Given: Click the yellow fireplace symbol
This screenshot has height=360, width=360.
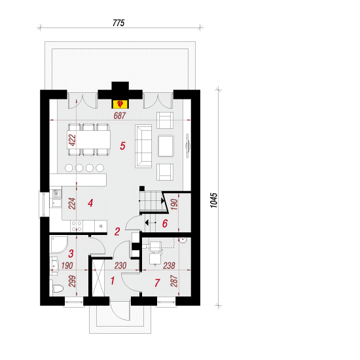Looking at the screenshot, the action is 120,104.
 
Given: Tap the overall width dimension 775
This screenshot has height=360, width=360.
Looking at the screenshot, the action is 118,23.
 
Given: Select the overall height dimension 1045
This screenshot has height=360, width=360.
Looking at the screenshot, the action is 214,200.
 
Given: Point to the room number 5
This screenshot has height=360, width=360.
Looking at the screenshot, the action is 122,146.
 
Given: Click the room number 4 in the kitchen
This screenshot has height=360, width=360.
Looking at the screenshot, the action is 90,203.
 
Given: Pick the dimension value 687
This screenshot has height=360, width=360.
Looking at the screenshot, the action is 120,116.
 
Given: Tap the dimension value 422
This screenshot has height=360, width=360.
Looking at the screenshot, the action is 72,140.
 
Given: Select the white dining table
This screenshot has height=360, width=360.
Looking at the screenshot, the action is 88,139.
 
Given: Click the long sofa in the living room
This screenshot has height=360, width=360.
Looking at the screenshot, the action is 143,146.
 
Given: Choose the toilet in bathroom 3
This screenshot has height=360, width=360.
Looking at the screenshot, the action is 56,289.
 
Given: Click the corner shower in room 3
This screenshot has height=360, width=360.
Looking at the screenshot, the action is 58,245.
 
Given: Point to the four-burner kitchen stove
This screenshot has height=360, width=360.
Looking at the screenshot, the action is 77,226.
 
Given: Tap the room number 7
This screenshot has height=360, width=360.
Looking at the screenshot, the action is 157,283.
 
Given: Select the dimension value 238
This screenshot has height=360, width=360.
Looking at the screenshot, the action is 169,266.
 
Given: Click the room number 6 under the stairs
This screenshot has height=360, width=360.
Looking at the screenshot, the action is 165,223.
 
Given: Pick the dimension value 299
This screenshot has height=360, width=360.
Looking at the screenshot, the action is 72,281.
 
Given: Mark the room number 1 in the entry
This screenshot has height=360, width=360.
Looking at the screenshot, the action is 113,281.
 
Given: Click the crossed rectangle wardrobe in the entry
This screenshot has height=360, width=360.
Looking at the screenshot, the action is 98,278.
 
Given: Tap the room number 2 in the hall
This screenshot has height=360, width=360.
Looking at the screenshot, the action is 117,232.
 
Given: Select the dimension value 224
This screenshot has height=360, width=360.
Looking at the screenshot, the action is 72,204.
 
